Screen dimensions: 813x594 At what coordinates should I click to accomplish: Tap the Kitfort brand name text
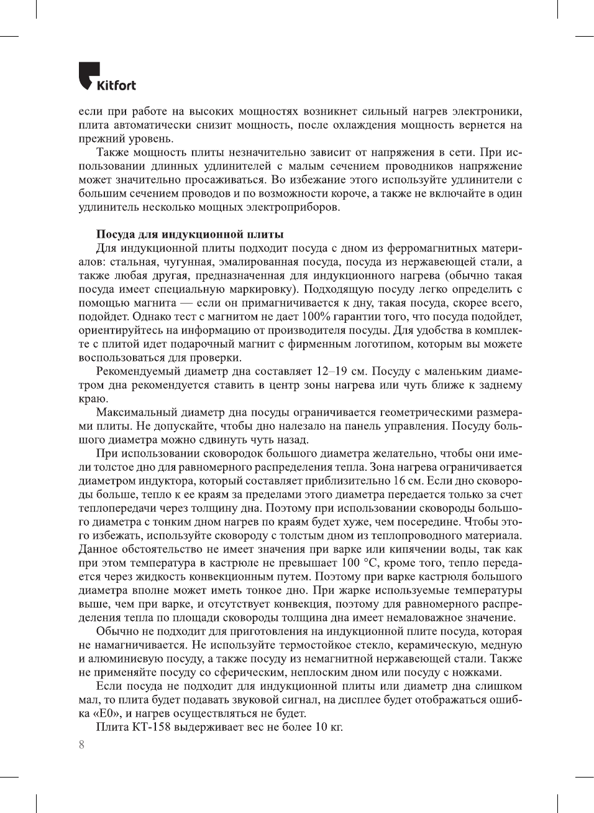pyautogui.click(x=116, y=85)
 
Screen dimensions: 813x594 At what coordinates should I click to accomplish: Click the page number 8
pyautogui.click(x=81, y=745)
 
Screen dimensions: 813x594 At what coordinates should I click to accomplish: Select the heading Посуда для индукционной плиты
pyautogui.click(x=190, y=235)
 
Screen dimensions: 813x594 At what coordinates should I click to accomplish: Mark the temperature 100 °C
pyautogui.click(x=360, y=563)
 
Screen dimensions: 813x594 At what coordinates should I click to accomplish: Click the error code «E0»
pyautogui.click(x=106, y=713)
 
